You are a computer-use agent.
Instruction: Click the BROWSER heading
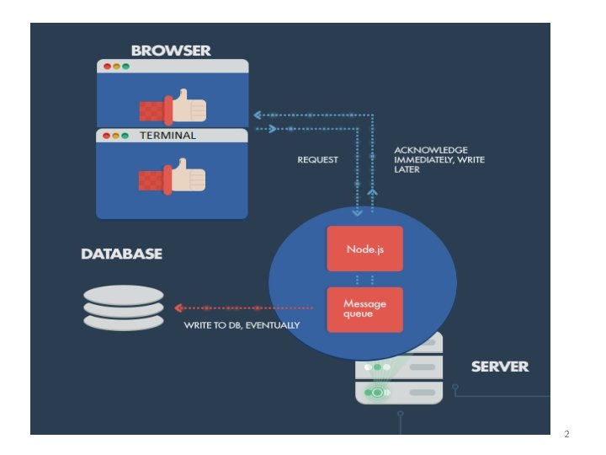click(171, 51)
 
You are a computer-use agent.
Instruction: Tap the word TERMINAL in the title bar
click(167, 136)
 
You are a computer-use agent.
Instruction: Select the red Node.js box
click(364, 249)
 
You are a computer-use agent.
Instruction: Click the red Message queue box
click(364, 309)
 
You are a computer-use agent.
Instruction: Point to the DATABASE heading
click(122, 254)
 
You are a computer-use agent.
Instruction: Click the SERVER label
click(500, 367)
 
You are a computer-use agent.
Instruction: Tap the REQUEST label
click(317, 160)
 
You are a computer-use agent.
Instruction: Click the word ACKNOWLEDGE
click(431, 150)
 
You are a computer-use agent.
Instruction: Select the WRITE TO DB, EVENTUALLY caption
click(242, 325)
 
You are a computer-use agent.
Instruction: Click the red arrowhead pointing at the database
click(178, 308)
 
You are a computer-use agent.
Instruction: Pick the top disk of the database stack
click(124, 296)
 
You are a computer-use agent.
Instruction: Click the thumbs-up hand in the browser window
click(173, 107)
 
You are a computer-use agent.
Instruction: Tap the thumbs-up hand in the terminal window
click(172, 176)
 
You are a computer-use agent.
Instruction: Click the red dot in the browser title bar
click(108, 67)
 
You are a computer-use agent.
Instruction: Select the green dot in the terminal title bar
click(125, 136)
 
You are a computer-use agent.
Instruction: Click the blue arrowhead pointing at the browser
click(258, 115)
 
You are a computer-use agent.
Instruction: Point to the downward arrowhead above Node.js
click(357, 212)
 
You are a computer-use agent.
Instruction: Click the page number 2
click(566, 434)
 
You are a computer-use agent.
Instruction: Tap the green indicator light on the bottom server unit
click(378, 393)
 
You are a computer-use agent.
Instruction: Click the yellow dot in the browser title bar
click(116, 67)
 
